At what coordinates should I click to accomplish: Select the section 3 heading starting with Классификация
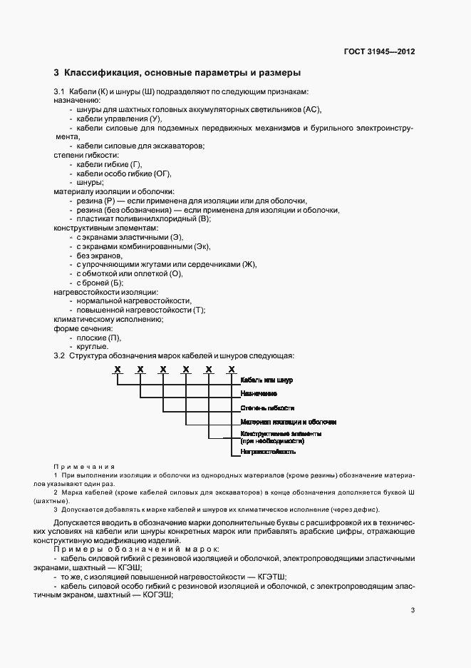(177, 73)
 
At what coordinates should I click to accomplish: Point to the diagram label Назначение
(259, 394)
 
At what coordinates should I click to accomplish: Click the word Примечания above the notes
(84, 466)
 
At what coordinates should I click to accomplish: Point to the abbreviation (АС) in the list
(312, 109)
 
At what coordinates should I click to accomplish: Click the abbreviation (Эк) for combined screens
(203, 246)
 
